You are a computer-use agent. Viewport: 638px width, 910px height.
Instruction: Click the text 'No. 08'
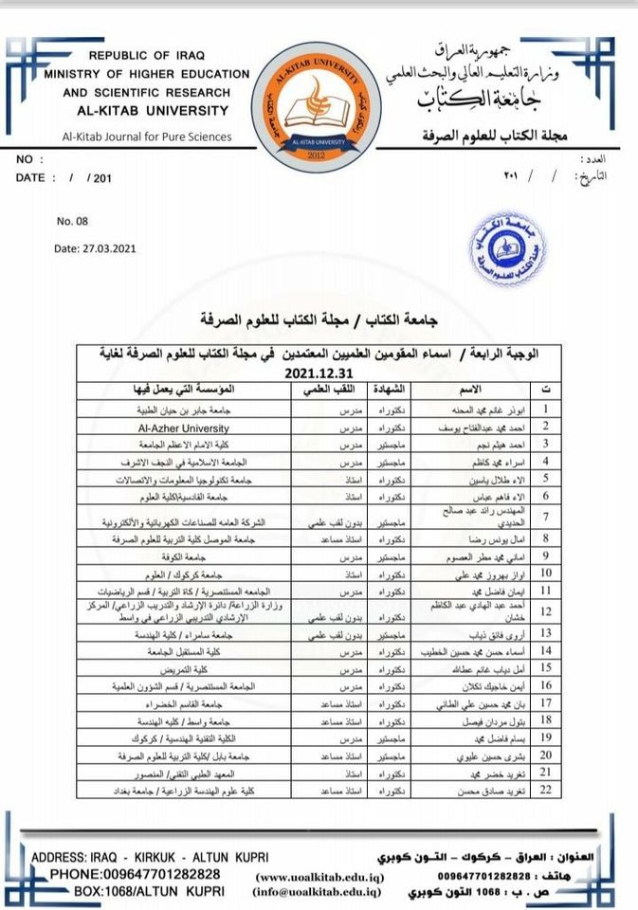coord(72,221)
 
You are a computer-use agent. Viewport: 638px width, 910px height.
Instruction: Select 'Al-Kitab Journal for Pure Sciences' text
coord(146,136)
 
